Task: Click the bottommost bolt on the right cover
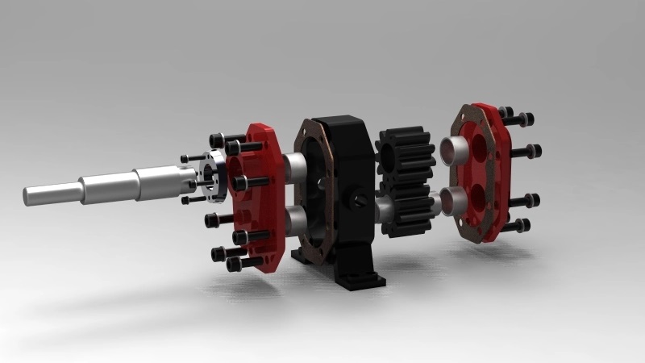[x=515, y=225]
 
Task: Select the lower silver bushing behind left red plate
[x=293, y=218]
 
